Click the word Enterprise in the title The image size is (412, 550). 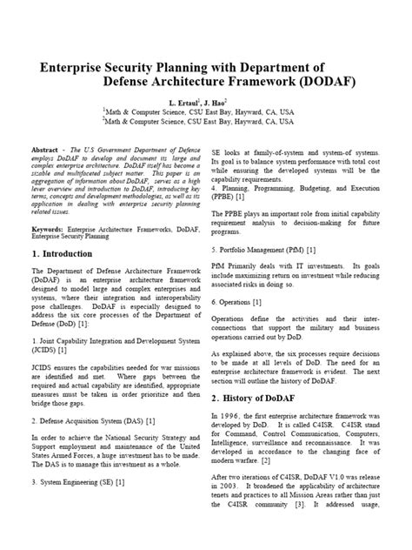(x=74, y=67)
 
